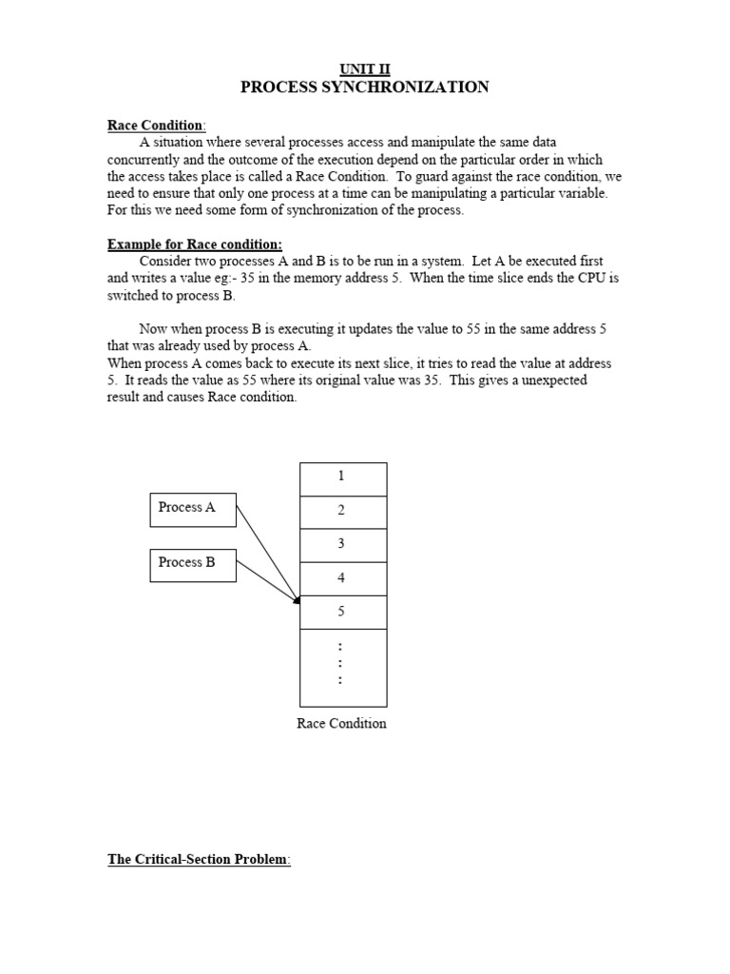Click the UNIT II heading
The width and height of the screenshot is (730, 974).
point(365,68)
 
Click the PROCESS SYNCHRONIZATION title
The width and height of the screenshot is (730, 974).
point(365,88)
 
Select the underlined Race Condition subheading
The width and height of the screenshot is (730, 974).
point(155,126)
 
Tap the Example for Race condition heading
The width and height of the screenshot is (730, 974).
point(195,244)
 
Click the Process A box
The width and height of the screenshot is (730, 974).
point(193,508)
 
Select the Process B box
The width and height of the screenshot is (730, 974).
point(193,563)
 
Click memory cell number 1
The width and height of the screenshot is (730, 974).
point(342,477)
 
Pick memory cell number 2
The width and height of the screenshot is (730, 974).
point(342,511)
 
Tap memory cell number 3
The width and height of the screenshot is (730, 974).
point(342,544)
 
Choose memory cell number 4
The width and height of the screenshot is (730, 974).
point(342,578)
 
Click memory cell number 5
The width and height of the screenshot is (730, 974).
point(342,612)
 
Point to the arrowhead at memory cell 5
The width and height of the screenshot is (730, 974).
point(297,600)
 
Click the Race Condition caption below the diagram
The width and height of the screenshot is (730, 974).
point(342,724)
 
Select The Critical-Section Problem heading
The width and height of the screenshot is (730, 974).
point(198,860)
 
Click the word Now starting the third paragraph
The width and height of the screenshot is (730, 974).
point(155,329)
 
